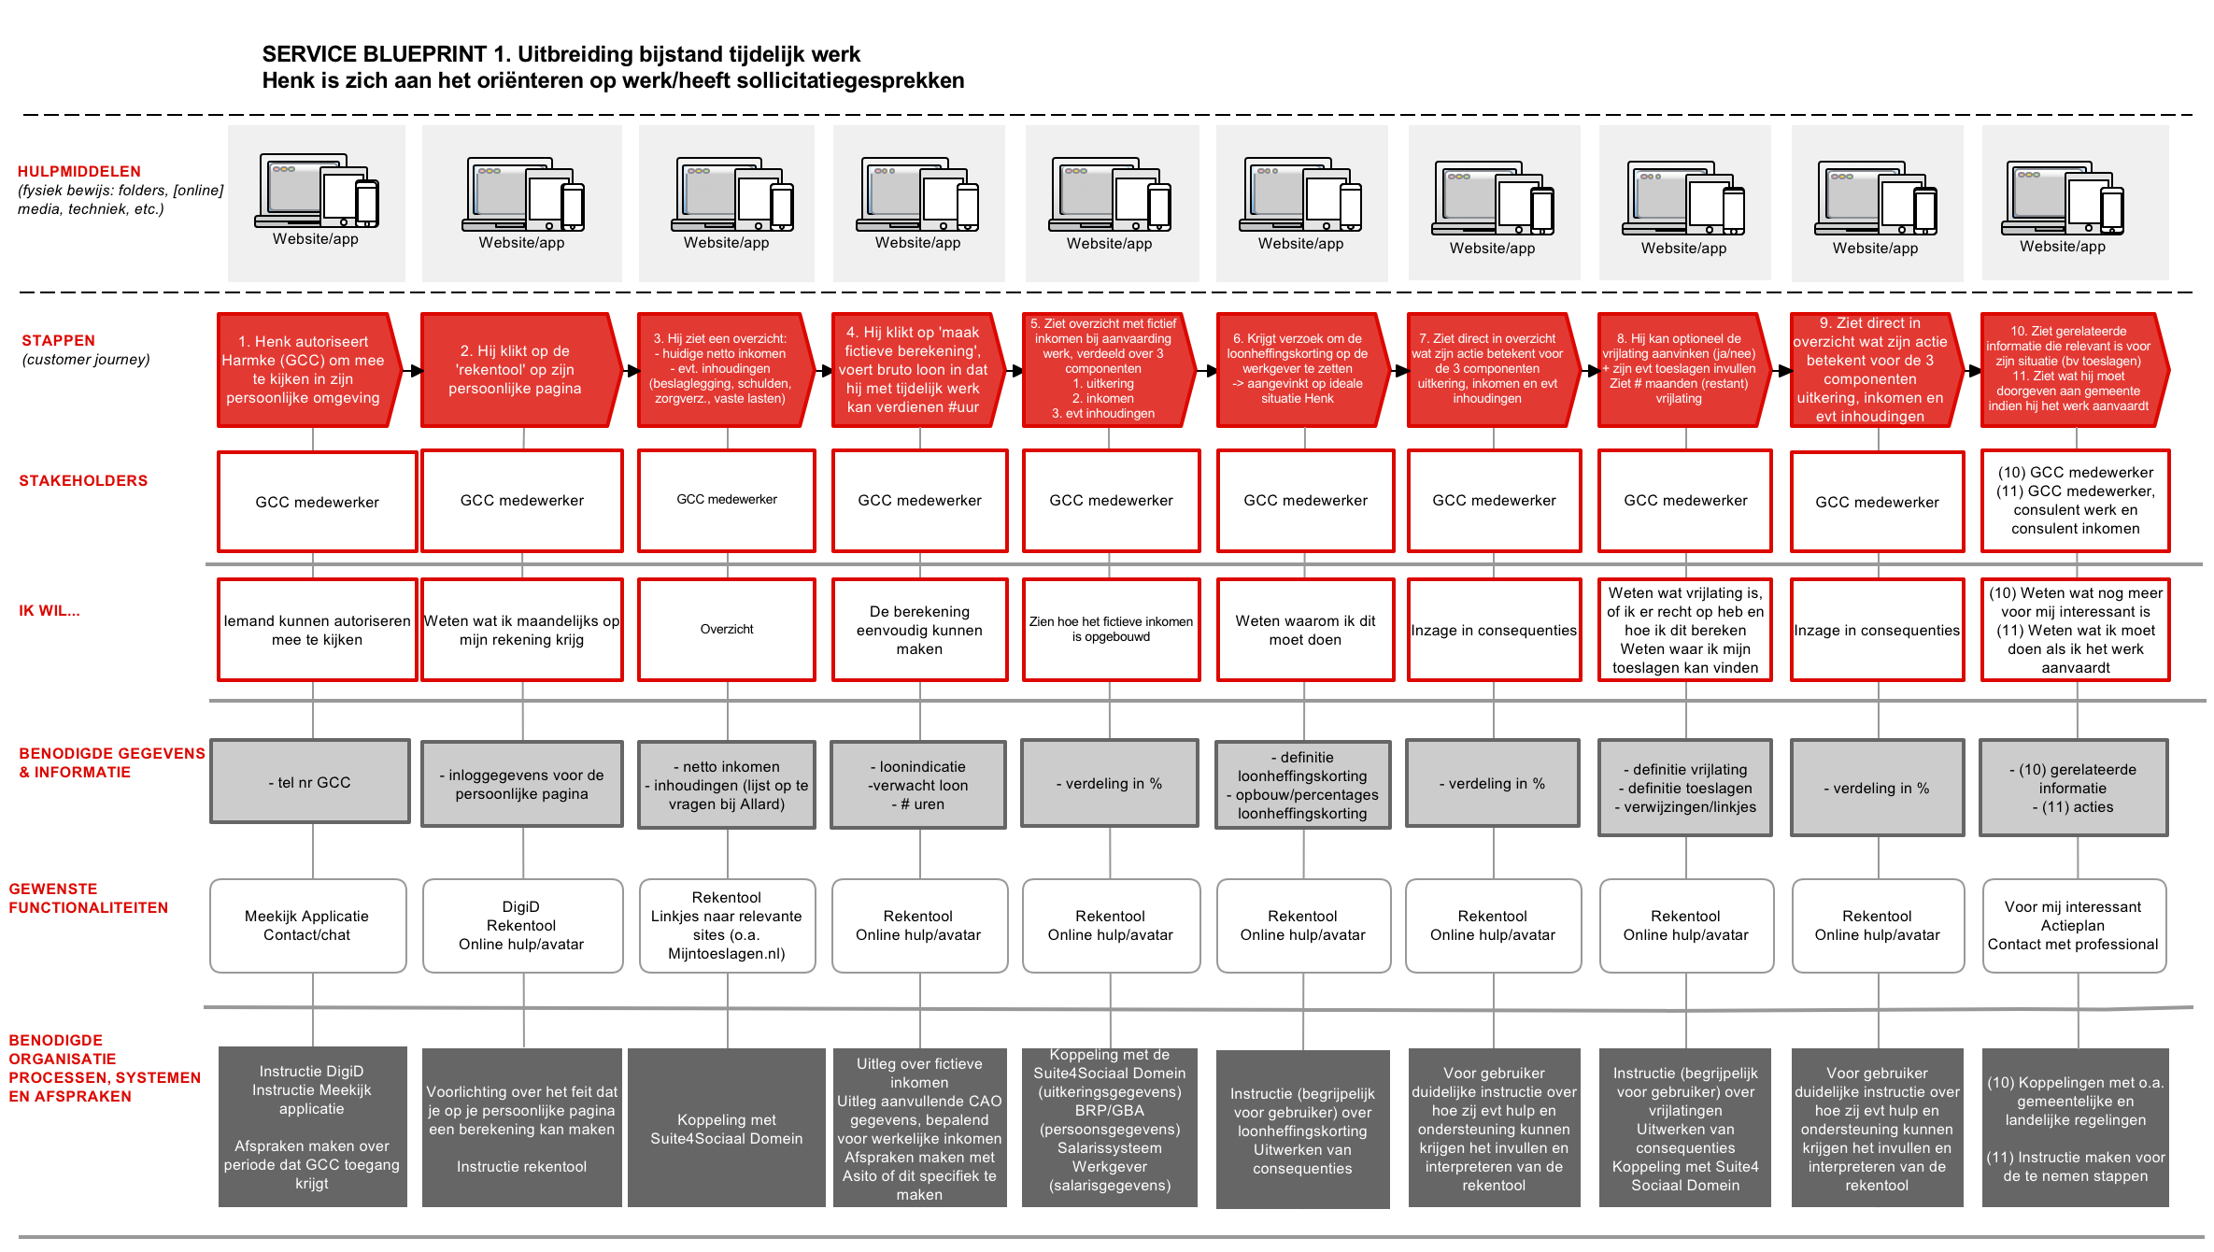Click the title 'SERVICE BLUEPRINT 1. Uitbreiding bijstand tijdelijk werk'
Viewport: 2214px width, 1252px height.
coord(561,54)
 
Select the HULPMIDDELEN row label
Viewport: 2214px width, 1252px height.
coord(79,171)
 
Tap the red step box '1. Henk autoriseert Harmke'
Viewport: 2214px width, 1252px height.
coord(309,370)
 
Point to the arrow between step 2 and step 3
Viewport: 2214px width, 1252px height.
coord(631,371)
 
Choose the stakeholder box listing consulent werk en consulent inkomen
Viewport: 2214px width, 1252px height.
coord(2075,501)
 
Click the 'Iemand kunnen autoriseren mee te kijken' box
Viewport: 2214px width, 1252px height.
coord(317,630)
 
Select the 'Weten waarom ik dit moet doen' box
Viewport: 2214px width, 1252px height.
coord(1305,630)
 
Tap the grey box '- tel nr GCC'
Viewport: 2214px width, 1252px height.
coord(310,782)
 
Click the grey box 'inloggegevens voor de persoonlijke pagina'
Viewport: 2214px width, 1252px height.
coord(521,784)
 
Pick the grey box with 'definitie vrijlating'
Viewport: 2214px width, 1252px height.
coord(1685,788)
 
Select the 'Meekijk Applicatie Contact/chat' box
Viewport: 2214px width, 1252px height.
coord(307,926)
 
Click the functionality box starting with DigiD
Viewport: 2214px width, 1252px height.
coord(522,926)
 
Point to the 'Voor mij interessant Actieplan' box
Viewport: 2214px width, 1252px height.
coord(2074,926)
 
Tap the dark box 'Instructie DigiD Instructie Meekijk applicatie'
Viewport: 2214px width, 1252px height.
coord(312,1127)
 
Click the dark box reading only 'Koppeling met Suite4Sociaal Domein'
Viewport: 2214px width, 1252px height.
coord(727,1128)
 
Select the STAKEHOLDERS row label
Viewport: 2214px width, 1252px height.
coord(83,480)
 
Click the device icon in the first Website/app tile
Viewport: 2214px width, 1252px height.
coord(317,192)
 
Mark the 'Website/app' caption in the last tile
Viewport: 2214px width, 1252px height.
coord(2063,247)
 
